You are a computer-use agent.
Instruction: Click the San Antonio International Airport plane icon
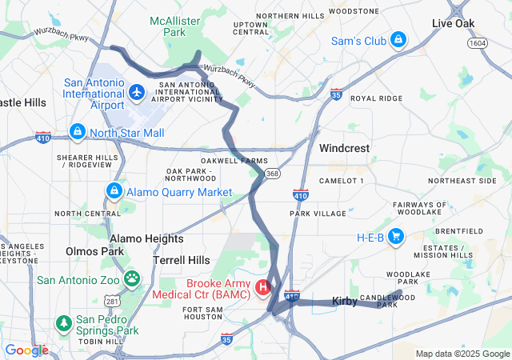tap(136, 94)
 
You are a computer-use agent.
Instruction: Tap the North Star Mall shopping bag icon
tap(78, 130)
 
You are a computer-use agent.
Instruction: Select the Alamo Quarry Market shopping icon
tap(114, 191)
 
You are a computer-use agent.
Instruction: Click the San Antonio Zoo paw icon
tap(131, 279)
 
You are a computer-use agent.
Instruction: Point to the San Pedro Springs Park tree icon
tap(63, 323)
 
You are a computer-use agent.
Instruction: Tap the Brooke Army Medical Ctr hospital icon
tap(262, 286)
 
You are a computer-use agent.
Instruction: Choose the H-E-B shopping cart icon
tap(396, 236)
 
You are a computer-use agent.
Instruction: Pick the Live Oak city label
tap(454, 24)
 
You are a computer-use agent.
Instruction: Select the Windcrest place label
tap(342, 148)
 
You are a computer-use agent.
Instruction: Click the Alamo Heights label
tap(146, 238)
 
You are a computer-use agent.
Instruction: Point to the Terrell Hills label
tap(182, 260)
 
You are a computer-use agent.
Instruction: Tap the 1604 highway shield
tap(478, 42)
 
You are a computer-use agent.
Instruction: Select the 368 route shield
tap(274, 173)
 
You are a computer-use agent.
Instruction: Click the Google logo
tap(26, 350)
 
